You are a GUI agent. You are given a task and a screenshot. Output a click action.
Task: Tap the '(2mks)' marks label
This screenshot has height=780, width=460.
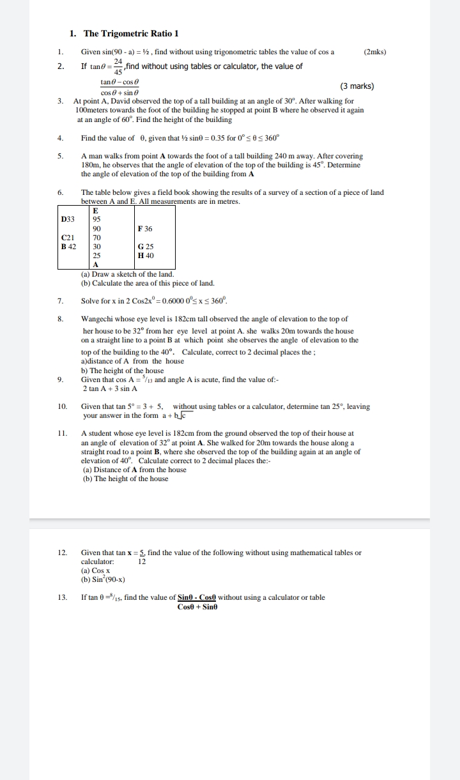(374, 52)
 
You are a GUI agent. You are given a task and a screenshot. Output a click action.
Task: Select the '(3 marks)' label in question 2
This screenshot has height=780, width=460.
(356, 86)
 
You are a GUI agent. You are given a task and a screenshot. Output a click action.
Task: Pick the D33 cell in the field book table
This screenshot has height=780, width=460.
(68, 219)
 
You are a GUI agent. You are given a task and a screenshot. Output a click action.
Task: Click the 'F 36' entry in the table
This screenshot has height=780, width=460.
(145, 228)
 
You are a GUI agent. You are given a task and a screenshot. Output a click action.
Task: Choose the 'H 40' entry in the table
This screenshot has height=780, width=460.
(146, 255)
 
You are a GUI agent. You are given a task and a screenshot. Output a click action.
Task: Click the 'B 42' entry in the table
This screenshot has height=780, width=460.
(68, 246)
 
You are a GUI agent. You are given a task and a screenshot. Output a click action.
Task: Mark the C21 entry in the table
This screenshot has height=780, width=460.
(68, 237)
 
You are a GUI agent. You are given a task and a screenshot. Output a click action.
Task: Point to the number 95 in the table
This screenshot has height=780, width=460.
(96, 219)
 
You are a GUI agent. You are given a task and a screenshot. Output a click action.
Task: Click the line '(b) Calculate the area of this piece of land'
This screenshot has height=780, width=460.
(148, 283)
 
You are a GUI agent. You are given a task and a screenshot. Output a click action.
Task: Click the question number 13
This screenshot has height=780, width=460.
(62, 597)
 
